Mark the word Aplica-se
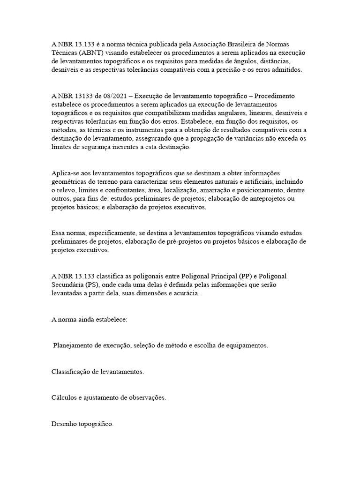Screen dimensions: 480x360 [x=66, y=173]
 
